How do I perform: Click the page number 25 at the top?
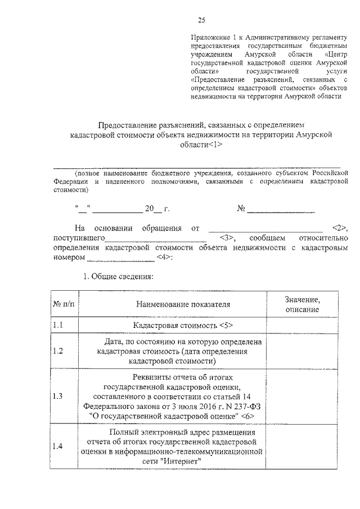pos(201,21)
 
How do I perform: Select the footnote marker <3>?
pos(228,238)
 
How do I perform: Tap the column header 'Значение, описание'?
pos(302,305)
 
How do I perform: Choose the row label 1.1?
pos(58,326)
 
